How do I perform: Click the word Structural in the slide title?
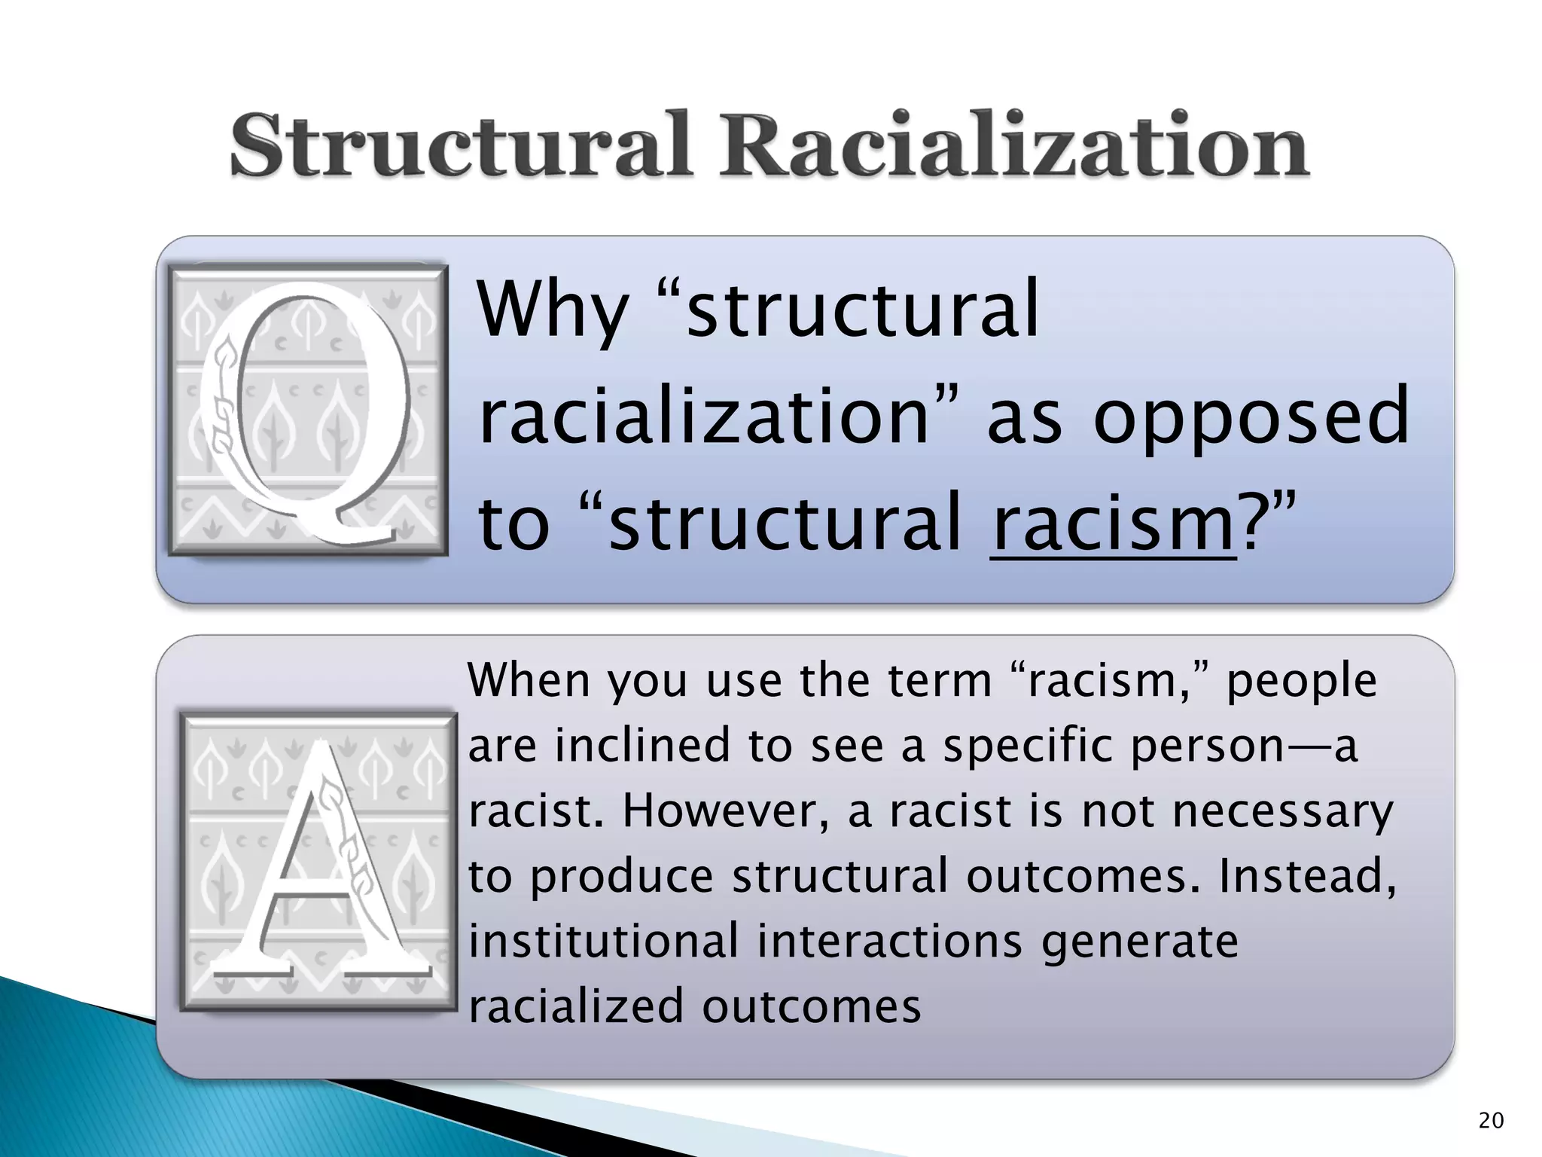click(x=459, y=145)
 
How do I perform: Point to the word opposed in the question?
click(x=1251, y=415)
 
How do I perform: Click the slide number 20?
click(x=1491, y=1121)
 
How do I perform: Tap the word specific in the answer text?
click(x=1027, y=746)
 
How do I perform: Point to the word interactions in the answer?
click(x=889, y=942)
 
